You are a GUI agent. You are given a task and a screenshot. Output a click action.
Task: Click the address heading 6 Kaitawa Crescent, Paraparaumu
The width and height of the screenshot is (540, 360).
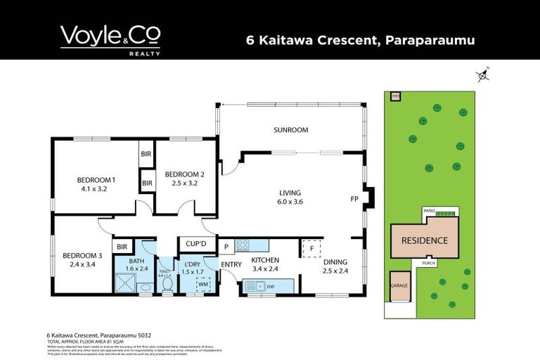point(361,40)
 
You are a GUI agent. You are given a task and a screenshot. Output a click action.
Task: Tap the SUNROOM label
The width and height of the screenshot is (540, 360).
point(291,130)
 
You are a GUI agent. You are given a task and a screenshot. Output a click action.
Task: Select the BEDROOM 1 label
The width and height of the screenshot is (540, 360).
point(96,180)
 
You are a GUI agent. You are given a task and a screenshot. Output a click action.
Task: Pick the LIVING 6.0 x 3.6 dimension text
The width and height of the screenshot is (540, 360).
point(290,201)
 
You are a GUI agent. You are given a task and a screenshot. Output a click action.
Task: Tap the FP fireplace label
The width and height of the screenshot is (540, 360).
point(354,199)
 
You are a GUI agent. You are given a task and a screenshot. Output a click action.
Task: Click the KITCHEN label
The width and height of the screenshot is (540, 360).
point(266,260)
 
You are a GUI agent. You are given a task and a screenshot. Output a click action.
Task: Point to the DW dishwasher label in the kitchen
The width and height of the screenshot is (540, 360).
point(271,286)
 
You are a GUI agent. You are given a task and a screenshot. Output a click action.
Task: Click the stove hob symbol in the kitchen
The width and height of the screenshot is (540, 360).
point(243,245)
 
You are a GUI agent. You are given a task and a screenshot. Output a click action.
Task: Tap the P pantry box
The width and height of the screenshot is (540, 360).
point(226,246)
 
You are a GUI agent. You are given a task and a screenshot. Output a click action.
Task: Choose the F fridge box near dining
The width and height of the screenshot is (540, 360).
point(311,247)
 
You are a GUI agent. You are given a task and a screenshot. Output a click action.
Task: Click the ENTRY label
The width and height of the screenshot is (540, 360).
point(231,264)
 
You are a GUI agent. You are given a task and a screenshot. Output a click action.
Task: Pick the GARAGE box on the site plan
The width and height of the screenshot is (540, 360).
point(399,286)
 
